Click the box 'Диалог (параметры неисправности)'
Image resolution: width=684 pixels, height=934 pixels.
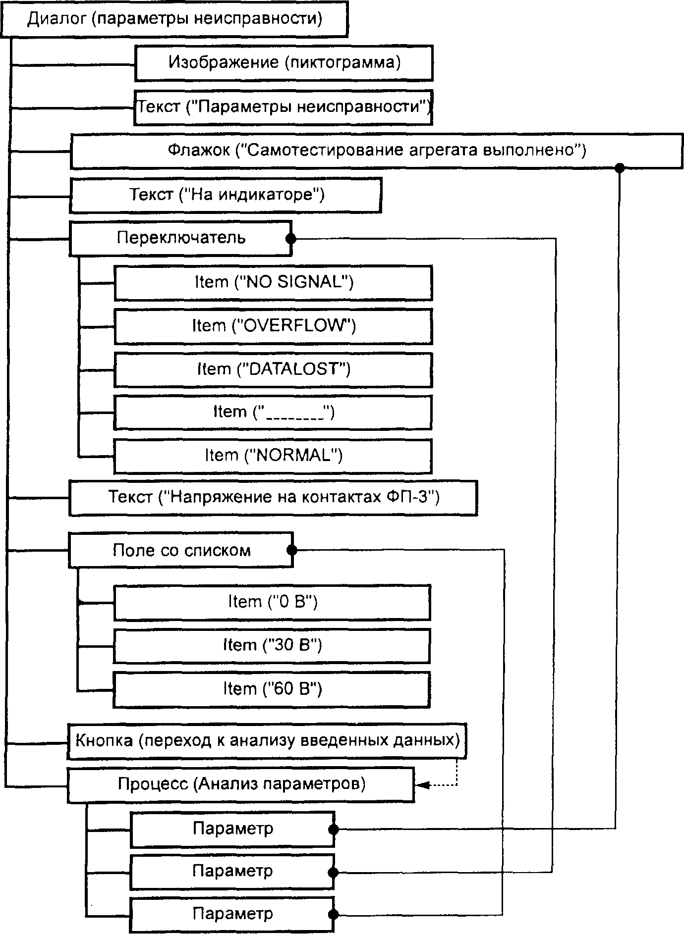pyautogui.click(x=174, y=19)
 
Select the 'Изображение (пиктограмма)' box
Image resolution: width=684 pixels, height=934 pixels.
pyautogui.click(x=284, y=63)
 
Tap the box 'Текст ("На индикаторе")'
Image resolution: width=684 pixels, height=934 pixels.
pyautogui.click(x=226, y=195)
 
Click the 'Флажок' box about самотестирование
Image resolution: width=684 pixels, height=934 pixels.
pyautogui.click(x=377, y=151)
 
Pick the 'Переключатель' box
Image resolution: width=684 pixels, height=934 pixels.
pyautogui.click(x=180, y=238)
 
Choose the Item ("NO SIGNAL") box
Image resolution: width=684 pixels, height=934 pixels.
pyautogui.click(x=273, y=282)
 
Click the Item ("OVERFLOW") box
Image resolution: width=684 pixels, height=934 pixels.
pyautogui.click(x=273, y=326)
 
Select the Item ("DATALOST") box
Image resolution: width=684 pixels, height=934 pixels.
pyautogui.click(x=273, y=369)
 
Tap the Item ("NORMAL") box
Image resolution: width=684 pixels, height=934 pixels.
pyautogui.click(x=273, y=456)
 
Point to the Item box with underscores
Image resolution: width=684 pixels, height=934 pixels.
pyautogui.click(x=273, y=412)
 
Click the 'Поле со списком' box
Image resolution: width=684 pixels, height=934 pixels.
pyautogui.click(x=181, y=550)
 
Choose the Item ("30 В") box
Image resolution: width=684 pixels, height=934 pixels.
pyautogui.click(x=272, y=645)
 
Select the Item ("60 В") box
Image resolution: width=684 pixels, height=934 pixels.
pyautogui.click(x=272, y=689)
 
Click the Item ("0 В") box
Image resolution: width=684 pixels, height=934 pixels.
pyautogui.click(x=272, y=602)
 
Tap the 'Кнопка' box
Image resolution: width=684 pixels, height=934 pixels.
pyautogui.click(x=267, y=741)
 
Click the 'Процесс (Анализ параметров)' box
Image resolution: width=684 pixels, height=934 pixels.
pyautogui.click(x=241, y=784)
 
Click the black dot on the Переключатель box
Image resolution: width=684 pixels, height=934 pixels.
pyautogui.click(x=291, y=239)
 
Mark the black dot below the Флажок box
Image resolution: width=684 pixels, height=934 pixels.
pyautogui.click(x=619, y=167)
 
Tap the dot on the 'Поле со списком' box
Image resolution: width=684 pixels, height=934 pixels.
pyautogui.click(x=292, y=550)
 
